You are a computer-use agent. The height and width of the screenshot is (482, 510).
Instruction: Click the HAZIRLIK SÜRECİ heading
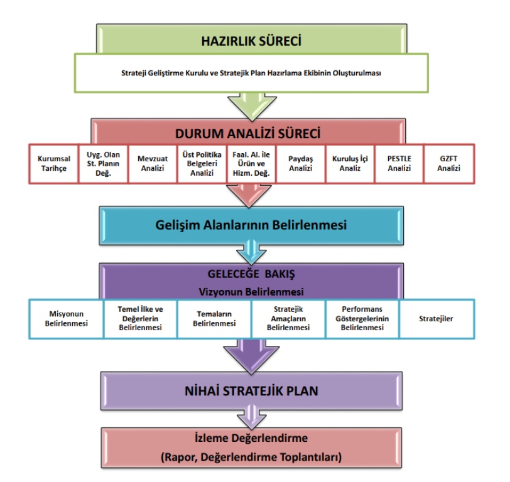[251, 41]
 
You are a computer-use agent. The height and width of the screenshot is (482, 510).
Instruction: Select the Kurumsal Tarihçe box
[53, 163]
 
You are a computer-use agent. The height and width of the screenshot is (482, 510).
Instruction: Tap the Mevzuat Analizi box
[153, 163]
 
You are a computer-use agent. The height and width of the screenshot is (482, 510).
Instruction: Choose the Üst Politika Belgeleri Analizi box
[202, 163]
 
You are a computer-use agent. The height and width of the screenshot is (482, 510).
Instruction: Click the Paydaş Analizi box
[300, 163]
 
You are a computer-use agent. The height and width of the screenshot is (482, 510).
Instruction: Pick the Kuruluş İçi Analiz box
[350, 163]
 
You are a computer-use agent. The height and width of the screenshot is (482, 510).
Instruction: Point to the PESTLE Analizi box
[399, 163]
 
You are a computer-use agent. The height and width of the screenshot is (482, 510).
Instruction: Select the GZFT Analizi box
[448, 163]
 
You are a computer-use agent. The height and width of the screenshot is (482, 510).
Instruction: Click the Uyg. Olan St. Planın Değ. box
[103, 163]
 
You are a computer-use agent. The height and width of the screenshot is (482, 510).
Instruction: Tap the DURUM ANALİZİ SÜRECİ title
[251, 133]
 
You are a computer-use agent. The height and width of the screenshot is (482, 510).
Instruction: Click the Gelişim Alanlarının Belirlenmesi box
[251, 225]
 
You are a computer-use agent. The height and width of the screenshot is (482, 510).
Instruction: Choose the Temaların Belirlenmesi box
[214, 319]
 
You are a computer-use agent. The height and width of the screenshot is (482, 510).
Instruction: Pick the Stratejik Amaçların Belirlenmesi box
[288, 319]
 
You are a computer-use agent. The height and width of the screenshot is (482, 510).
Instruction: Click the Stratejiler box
[437, 319]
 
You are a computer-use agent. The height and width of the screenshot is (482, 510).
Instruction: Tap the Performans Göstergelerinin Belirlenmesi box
[362, 319]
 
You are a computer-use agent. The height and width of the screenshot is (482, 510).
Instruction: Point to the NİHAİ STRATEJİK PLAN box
[251, 390]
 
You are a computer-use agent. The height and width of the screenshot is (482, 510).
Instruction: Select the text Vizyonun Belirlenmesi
[251, 292]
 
